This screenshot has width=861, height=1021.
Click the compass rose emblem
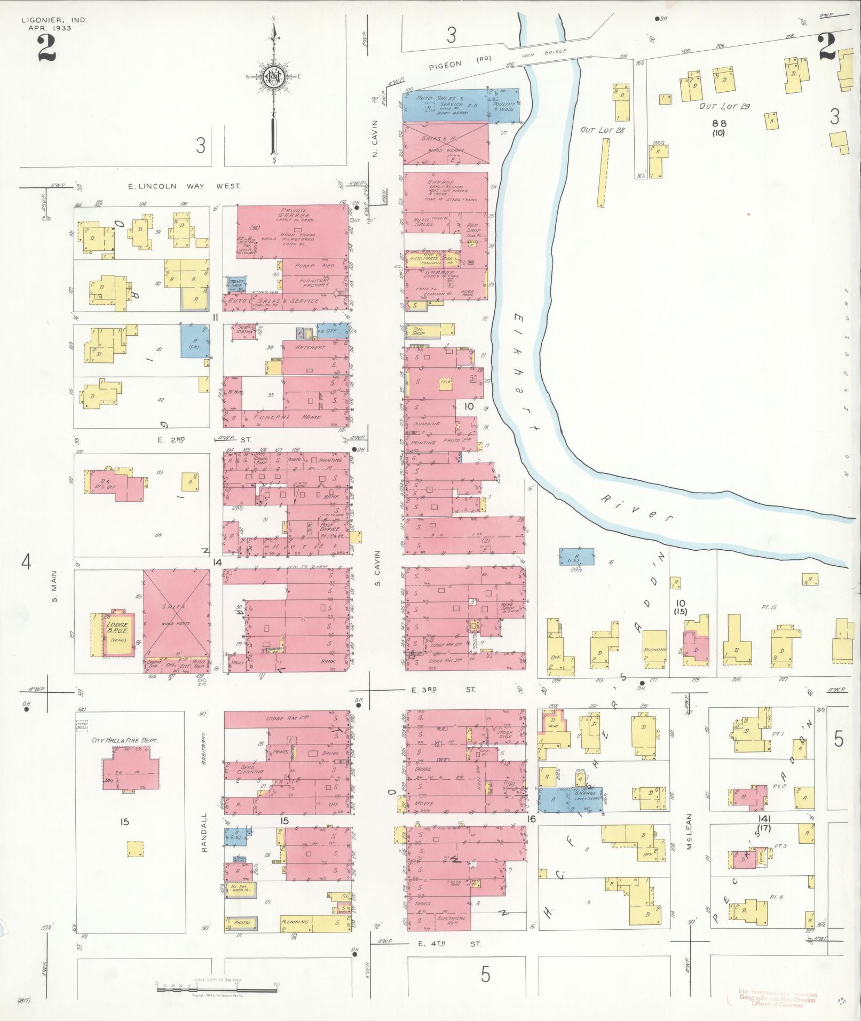[x=274, y=78]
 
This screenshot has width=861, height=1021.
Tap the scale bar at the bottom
[x=216, y=988]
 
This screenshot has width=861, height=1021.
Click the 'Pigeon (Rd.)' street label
[x=461, y=64]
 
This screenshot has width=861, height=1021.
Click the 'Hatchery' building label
[x=310, y=347]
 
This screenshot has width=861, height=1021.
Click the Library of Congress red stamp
[x=777, y=998]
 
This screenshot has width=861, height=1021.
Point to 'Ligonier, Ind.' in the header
[x=54, y=20]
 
